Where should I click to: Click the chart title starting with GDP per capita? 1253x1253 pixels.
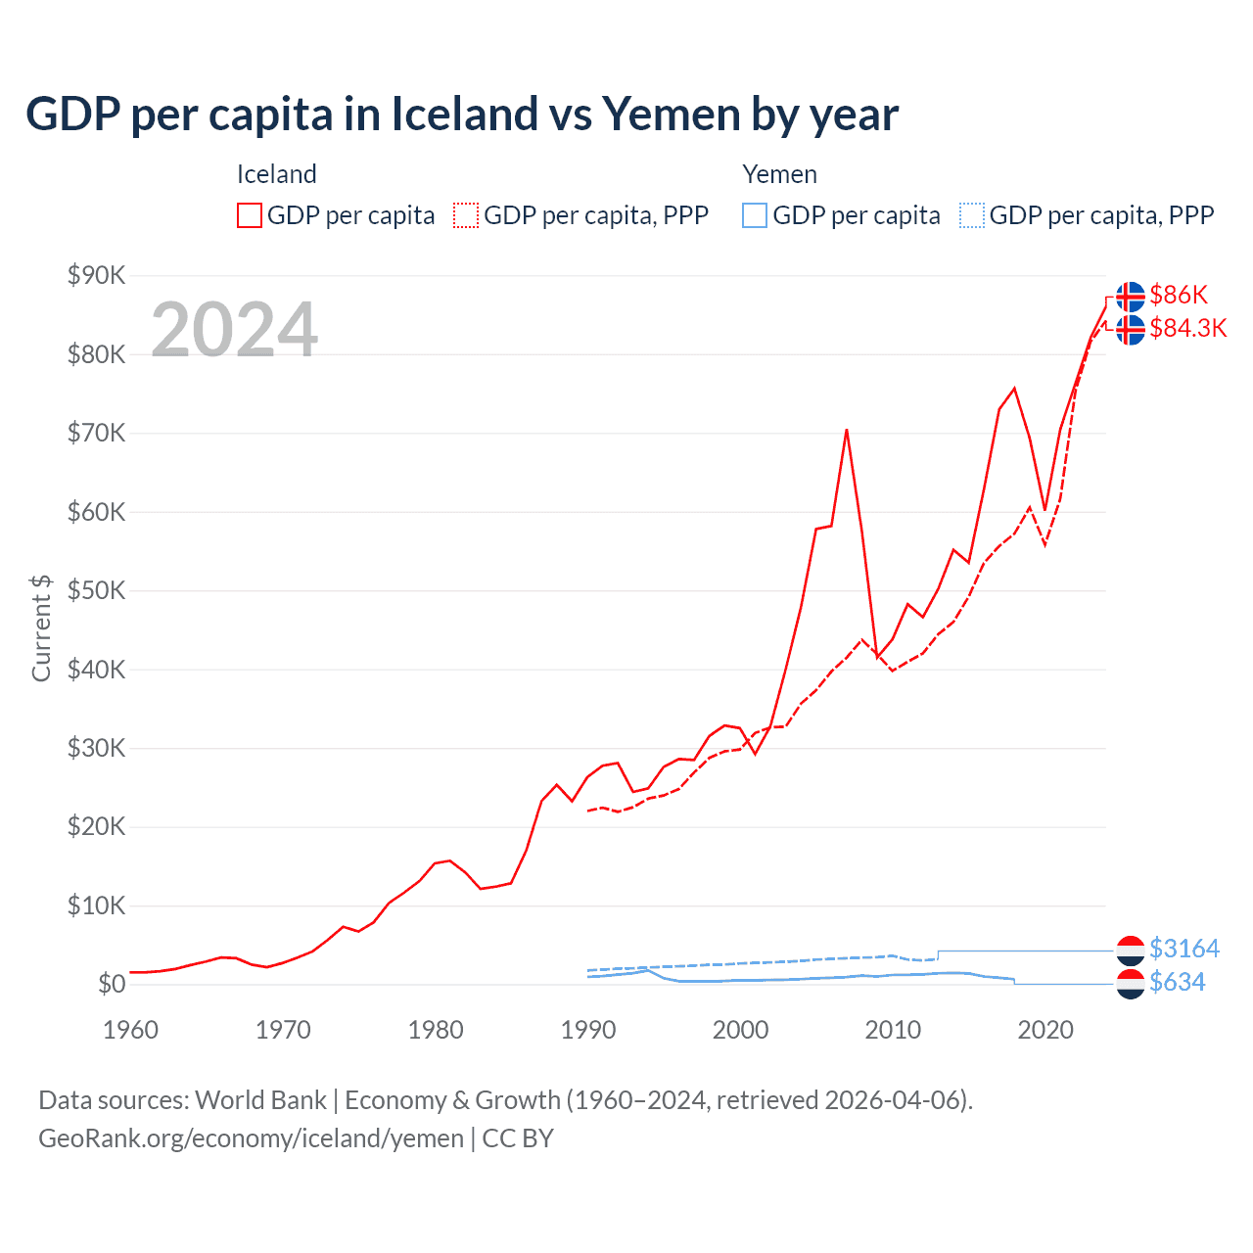(461, 115)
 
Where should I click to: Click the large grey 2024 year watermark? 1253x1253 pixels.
(234, 330)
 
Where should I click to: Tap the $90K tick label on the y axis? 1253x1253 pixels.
(96, 275)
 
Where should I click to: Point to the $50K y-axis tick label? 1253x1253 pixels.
(96, 590)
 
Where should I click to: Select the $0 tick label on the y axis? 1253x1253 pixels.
(112, 984)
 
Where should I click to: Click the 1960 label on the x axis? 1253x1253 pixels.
(130, 1030)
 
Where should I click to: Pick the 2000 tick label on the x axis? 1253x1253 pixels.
(740, 1030)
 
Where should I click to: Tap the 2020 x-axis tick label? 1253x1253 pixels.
(1045, 1030)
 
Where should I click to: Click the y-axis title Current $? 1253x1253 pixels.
(41, 628)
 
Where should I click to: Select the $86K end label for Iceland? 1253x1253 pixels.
(1179, 295)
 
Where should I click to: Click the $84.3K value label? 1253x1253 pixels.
(1187, 328)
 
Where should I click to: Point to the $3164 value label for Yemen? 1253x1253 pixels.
(1183, 949)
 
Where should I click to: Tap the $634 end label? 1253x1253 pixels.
(1177, 982)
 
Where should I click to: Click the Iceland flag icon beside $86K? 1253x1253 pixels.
(1131, 296)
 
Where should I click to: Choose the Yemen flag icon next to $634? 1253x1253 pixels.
(1131, 984)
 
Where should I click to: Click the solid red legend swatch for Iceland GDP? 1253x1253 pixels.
(250, 215)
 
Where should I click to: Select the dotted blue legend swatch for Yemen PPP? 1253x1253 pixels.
(972, 215)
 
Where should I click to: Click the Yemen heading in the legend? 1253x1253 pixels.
(779, 174)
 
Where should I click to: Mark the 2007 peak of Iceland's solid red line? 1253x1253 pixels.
(847, 430)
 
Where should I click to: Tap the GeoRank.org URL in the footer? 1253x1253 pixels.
(251, 1138)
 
